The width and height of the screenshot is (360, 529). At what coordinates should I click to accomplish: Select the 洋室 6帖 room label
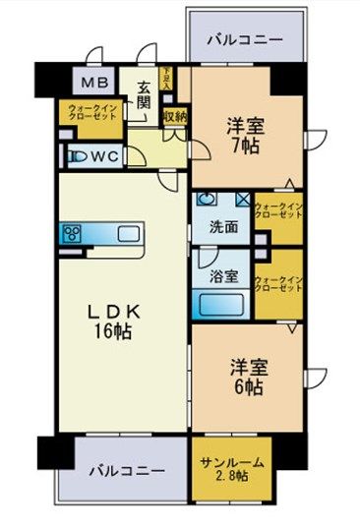(x=247, y=377)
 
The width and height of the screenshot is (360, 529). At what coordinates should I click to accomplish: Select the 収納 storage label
(x=175, y=117)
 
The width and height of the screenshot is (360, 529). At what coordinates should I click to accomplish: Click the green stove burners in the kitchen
(x=74, y=235)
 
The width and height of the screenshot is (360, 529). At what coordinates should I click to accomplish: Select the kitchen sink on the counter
(x=129, y=235)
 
